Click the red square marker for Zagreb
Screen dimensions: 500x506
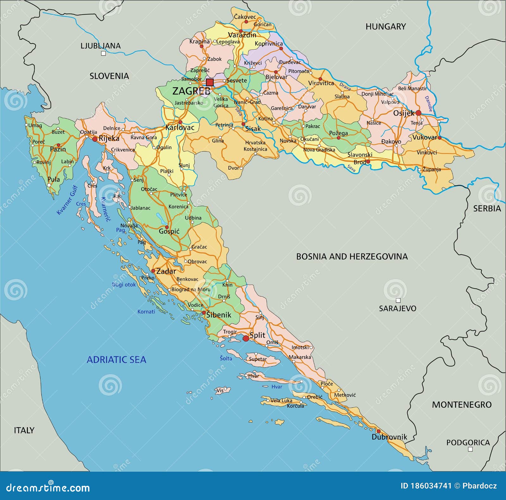tap(210, 83)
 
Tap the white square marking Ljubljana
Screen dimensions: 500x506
tap(103, 53)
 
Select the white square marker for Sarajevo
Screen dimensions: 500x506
tap(398, 300)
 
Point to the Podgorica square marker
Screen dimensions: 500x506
tap(470, 449)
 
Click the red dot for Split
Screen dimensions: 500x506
tap(246, 338)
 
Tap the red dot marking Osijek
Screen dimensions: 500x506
tap(418, 113)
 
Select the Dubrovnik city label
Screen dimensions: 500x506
tap(389, 437)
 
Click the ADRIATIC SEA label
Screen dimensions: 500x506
tap(116, 360)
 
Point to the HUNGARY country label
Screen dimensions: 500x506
tap(386, 27)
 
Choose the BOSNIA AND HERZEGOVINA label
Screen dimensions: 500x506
tap(352, 256)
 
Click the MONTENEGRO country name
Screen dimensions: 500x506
tap(462, 404)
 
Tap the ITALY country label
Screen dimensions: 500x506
tap(24, 430)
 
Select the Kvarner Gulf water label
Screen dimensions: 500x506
tap(67, 200)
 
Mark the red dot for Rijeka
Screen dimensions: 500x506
tap(95, 139)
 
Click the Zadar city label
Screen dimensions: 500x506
tap(166, 271)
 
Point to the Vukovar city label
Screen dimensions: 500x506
tap(424, 137)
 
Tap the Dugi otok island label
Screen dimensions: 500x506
tap(124, 285)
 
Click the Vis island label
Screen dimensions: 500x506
tap(220, 390)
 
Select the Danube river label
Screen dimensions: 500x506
tap(429, 104)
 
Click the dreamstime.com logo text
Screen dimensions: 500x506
tap(48, 488)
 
